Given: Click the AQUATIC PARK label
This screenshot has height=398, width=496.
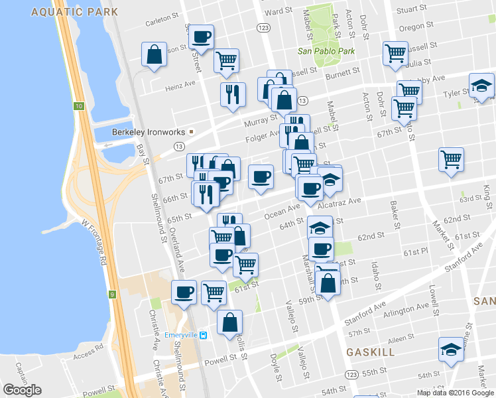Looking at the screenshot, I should point(75,12).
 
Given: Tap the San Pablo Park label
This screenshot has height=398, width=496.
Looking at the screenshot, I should point(326,51).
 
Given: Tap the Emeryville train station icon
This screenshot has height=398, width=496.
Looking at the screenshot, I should point(204,336).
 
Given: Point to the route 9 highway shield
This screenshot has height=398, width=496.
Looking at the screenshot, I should point(112,293).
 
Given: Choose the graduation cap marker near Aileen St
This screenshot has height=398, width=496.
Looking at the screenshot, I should point(451,350).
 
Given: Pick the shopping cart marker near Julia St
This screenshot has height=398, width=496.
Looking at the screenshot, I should point(396,54).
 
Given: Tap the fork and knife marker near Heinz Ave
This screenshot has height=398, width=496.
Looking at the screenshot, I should point(233,94).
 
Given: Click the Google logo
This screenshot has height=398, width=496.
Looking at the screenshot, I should point(22,390).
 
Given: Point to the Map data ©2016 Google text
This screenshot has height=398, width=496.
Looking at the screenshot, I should point(454,393).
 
